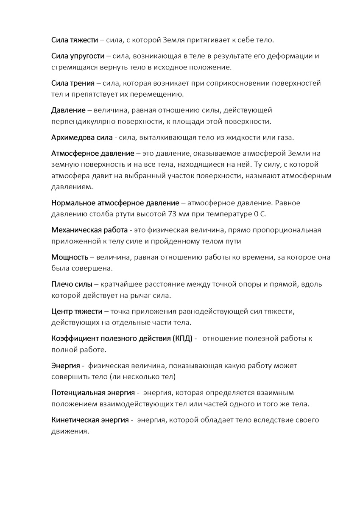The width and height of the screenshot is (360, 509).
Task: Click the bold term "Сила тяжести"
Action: click(75, 40)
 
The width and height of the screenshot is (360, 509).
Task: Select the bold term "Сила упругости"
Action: click(78, 56)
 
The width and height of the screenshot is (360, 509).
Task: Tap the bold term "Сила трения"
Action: click(73, 83)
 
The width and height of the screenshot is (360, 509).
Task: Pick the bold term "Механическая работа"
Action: click(89, 230)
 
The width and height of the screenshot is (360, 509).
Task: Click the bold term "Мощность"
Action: click(70, 257)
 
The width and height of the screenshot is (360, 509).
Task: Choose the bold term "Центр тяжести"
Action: click(77, 311)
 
